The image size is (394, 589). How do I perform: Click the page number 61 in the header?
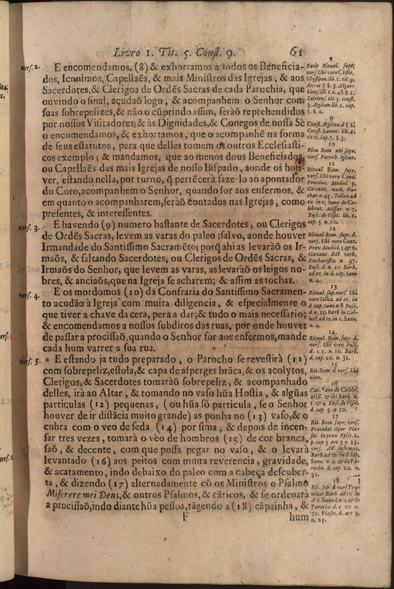point(297,52)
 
